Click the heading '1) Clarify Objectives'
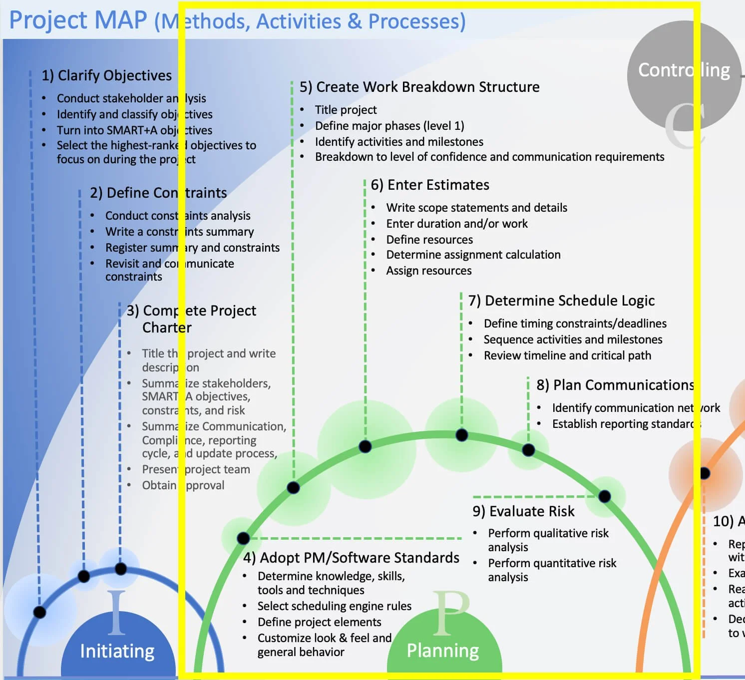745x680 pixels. click(x=106, y=75)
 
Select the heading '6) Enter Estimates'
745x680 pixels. click(x=429, y=185)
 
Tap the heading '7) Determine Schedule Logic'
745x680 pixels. click(x=561, y=301)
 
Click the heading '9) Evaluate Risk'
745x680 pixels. click(x=523, y=511)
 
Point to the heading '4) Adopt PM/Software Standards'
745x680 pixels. click(x=351, y=558)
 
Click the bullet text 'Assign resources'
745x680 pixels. click(x=428, y=271)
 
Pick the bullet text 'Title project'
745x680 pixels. click(x=346, y=110)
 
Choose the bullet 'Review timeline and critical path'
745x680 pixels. click(x=567, y=355)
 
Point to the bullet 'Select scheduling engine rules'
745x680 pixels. click(x=334, y=606)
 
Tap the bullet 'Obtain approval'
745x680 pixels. click(x=183, y=485)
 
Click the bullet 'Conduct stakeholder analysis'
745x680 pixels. click(x=131, y=98)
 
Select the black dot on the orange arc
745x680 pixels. click(x=705, y=473)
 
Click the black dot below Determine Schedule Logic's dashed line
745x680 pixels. click(x=462, y=435)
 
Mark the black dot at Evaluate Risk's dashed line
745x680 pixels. click(x=604, y=496)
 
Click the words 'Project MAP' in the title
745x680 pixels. click(x=78, y=21)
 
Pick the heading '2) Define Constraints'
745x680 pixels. click(x=158, y=193)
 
